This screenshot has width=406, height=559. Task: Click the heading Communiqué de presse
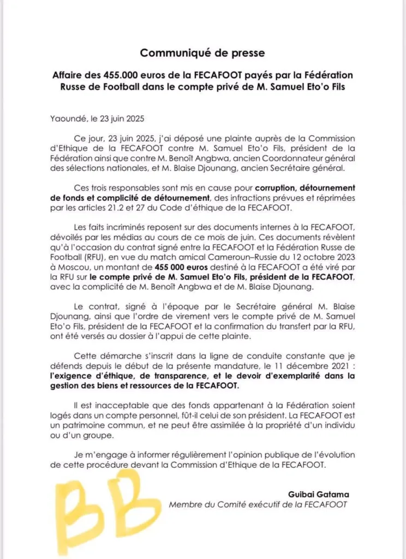point(203,53)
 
